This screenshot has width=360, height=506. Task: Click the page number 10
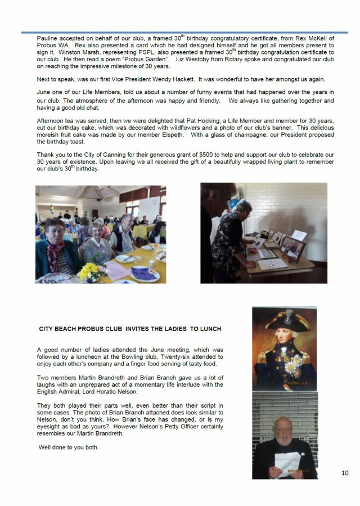(x=345, y=473)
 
